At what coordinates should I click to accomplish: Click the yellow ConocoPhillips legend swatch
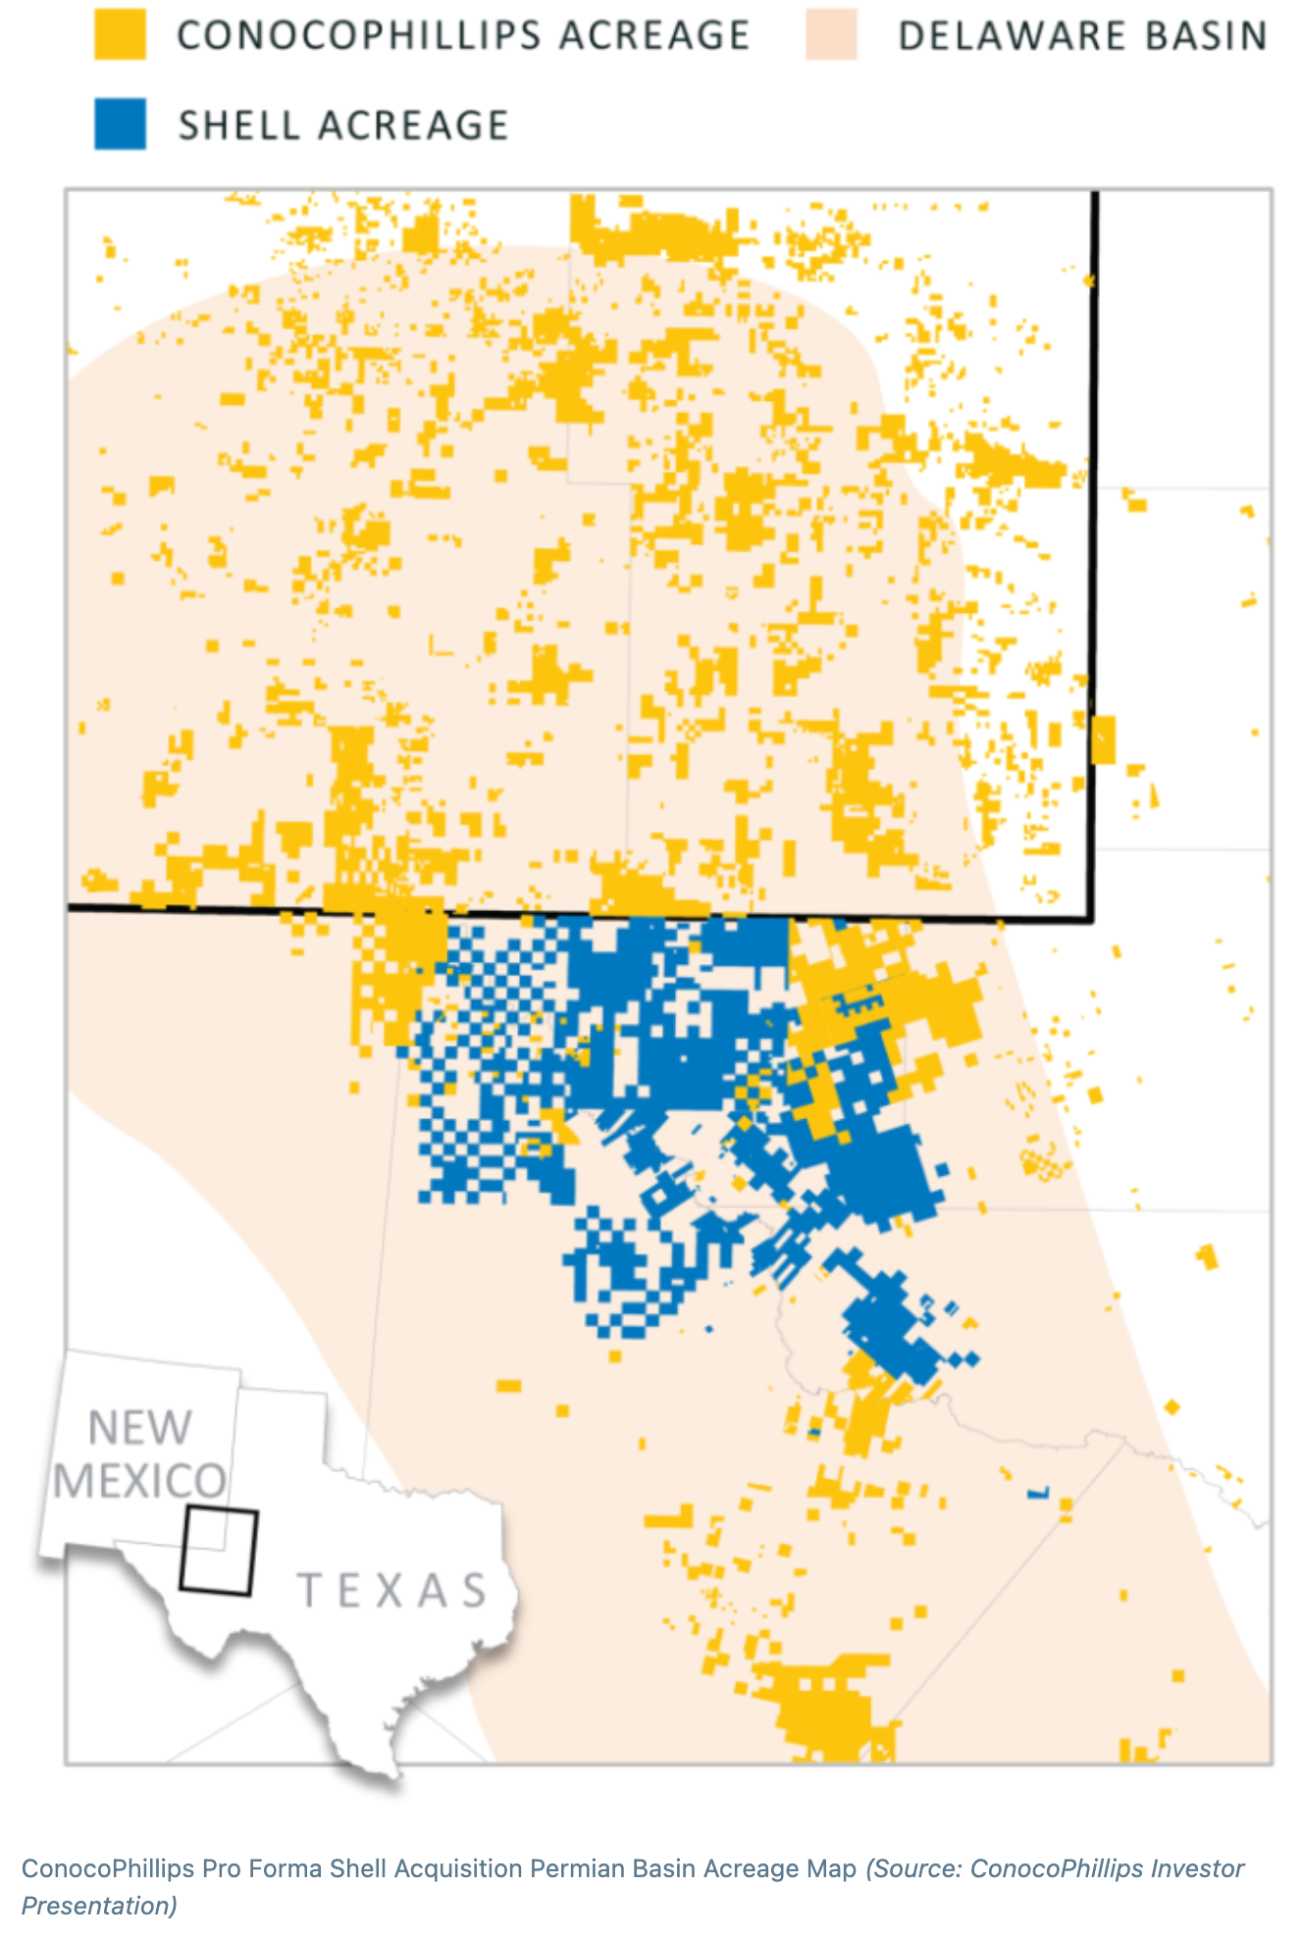[x=120, y=35]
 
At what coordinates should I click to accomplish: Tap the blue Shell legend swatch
[x=120, y=125]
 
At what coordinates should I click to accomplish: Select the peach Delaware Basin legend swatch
[x=831, y=35]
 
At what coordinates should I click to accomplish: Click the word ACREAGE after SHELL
[x=412, y=126]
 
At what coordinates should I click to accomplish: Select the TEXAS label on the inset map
[x=392, y=1591]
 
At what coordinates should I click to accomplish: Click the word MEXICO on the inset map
[x=139, y=1481]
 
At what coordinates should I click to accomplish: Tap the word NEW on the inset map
[x=140, y=1428]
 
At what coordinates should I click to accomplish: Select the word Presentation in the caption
[x=96, y=1906]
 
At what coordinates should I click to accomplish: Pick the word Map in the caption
[x=835, y=1868]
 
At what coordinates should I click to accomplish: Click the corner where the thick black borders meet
[x=1092, y=920]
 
